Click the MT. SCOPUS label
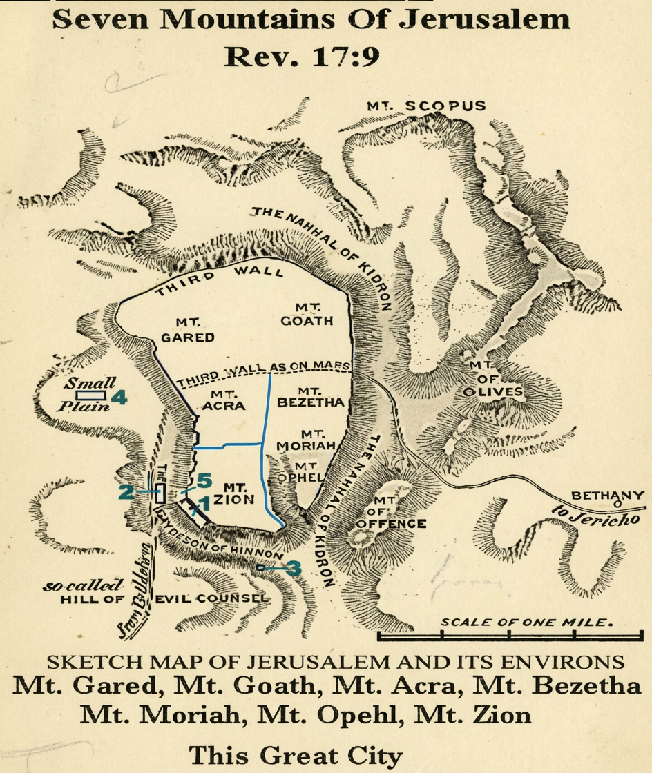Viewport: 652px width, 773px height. pos(426,106)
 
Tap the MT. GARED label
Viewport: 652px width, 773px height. pos(184,329)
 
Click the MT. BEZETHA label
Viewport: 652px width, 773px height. pos(310,396)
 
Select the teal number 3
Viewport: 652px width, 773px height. pos(294,568)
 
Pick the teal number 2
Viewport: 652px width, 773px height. pos(126,492)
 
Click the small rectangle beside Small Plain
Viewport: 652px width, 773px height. pos(90,395)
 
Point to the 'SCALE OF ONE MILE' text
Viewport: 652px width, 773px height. pos(526,622)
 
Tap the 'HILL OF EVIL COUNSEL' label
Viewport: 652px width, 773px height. pos(164,598)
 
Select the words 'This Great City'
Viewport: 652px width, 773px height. pos(295,754)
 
